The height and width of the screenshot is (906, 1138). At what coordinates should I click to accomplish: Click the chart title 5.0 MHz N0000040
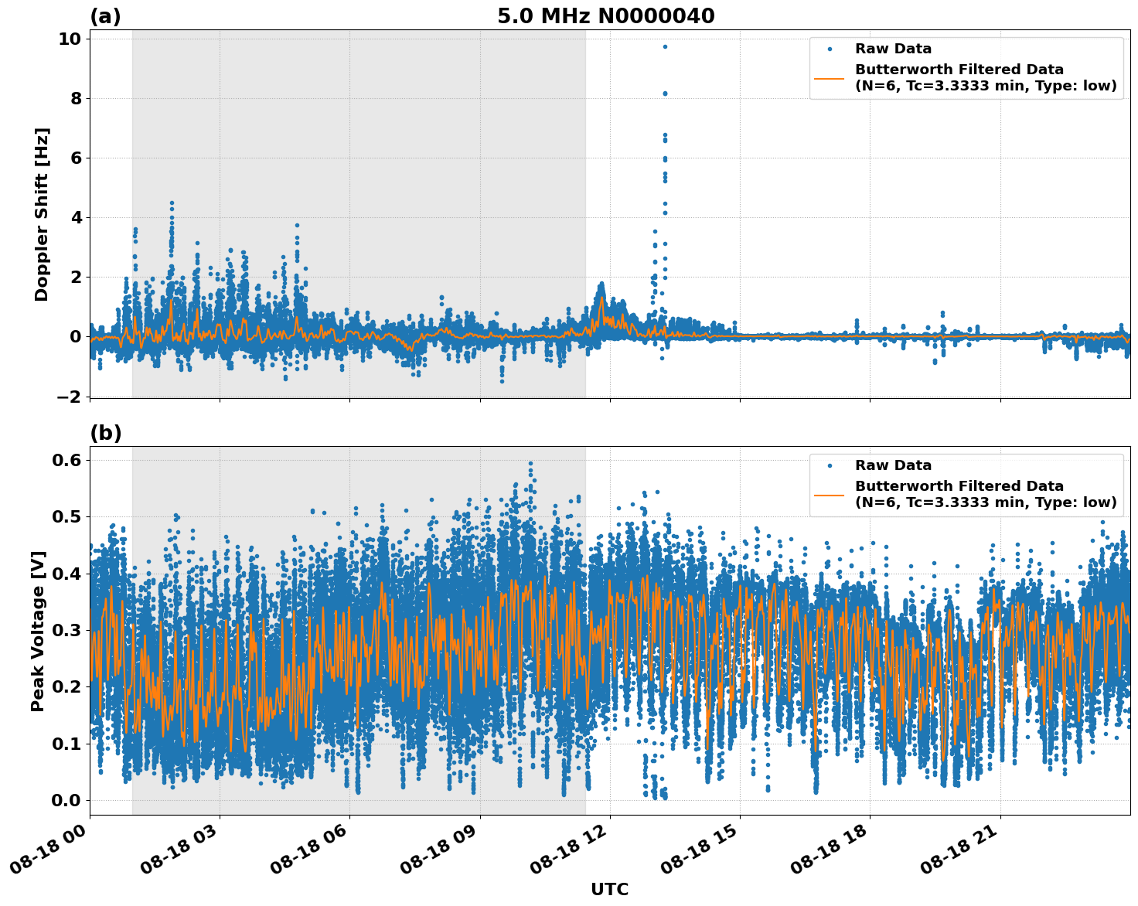(605, 16)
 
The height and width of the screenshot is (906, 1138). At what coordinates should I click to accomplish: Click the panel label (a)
(105, 16)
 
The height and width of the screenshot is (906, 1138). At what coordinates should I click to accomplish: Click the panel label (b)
(105, 433)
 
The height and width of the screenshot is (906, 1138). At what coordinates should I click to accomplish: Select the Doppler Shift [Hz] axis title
(42, 214)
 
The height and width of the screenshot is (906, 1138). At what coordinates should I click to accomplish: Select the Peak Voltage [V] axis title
(38, 631)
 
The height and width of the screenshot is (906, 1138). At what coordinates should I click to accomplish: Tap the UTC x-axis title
(609, 889)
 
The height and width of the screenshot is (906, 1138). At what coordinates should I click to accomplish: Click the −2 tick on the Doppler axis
(70, 397)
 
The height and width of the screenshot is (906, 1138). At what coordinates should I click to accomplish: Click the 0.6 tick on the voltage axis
(66, 460)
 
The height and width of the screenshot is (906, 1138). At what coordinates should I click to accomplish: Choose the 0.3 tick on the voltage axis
(66, 630)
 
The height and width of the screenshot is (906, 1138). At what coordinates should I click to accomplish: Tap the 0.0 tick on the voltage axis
(66, 800)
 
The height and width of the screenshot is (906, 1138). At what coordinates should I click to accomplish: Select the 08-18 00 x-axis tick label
(48, 854)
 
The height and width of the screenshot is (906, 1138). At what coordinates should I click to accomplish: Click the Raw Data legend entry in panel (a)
(893, 49)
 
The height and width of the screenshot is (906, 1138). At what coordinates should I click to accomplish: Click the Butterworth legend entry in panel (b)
(985, 494)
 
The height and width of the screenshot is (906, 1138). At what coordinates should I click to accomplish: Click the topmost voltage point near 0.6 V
(530, 464)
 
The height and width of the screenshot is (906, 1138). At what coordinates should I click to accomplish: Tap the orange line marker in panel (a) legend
(830, 78)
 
